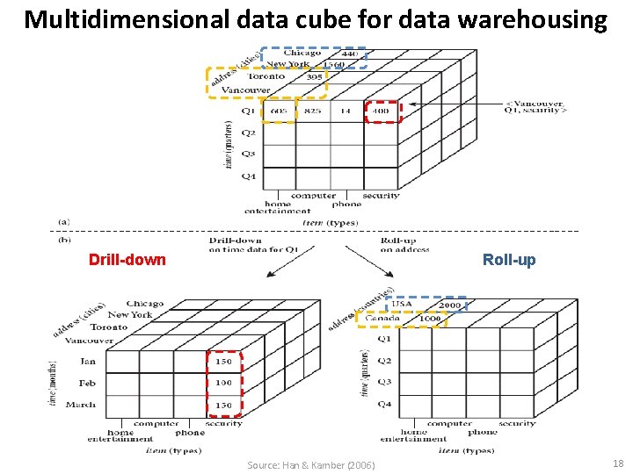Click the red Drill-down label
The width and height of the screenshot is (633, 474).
[x=127, y=260]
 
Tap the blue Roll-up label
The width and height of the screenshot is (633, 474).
[x=509, y=260]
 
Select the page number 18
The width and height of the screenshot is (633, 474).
[x=616, y=463]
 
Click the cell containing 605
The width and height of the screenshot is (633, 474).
[x=279, y=111]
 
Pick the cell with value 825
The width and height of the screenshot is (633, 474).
[x=312, y=111]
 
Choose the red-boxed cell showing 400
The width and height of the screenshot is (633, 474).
[x=381, y=111]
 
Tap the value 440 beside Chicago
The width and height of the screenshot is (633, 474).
[x=349, y=54]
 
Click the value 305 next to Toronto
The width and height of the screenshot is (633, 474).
[x=314, y=76]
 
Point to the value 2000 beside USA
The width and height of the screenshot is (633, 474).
[x=449, y=305]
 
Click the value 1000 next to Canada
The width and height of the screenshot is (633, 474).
[x=429, y=318]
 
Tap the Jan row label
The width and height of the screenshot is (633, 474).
[x=88, y=361]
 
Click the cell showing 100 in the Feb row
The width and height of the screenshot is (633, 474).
[x=223, y=383]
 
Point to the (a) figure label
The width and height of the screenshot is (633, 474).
[x=64, y=222]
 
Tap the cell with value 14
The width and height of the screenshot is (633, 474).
[x=345, y=111]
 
